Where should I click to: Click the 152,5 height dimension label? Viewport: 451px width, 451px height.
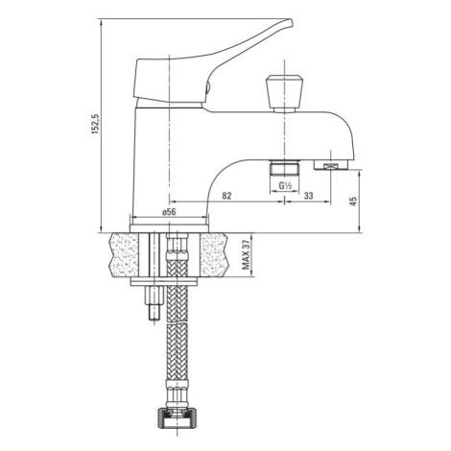96,124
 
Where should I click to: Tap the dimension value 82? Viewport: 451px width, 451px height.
226,196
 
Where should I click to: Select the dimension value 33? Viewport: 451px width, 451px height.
308,196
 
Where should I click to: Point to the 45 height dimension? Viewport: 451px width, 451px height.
353,202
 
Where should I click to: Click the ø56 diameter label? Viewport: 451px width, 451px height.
169,212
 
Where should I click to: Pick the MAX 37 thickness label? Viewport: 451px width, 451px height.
246,254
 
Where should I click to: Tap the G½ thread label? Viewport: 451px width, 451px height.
285,185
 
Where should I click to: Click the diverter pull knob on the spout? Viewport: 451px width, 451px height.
284,94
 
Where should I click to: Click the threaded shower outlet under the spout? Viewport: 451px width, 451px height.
284,168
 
